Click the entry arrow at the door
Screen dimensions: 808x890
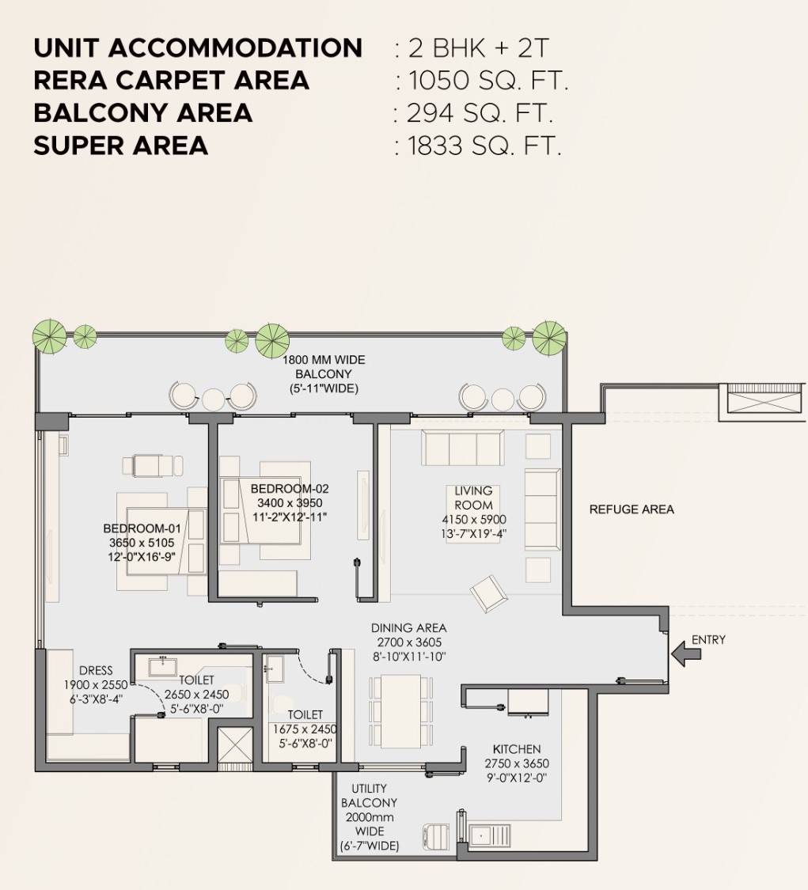tap(686, 654)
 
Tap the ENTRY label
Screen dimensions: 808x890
tap(708, 640)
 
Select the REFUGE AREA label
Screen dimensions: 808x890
tap(632, 509)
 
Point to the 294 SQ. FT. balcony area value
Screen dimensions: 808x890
tap(480, 113)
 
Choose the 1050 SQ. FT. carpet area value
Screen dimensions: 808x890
tap(488, 80)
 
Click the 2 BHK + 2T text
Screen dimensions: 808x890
tap(478, 47)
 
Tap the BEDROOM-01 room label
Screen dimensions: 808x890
tap(142, 528)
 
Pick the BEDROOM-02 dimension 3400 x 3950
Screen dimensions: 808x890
tap(290, 503)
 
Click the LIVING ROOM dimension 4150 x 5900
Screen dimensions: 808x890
tap(473, 519)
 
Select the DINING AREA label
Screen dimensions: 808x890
tap(409, 628)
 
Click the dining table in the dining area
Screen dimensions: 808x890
tap(401, 711)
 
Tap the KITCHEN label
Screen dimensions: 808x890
tap(517, 749)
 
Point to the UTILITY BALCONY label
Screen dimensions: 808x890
tap(369, 795)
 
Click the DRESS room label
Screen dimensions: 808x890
tap(96, 670)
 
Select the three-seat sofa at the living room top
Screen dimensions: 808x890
tap(462, 448)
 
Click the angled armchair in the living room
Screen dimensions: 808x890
tap(488, 593)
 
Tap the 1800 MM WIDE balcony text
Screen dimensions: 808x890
tap(324, 360)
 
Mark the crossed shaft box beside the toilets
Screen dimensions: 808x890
tap(235, 745)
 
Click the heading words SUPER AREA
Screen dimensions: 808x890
tap(121, 146)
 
